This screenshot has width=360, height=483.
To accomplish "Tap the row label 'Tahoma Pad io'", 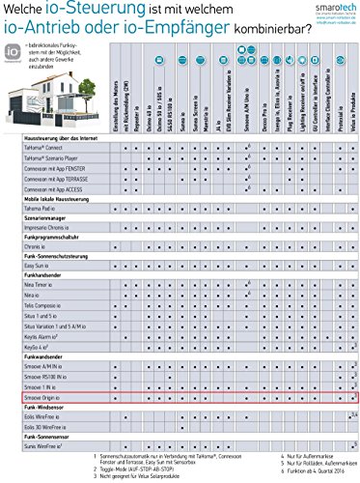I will click(x=39, y=235).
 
